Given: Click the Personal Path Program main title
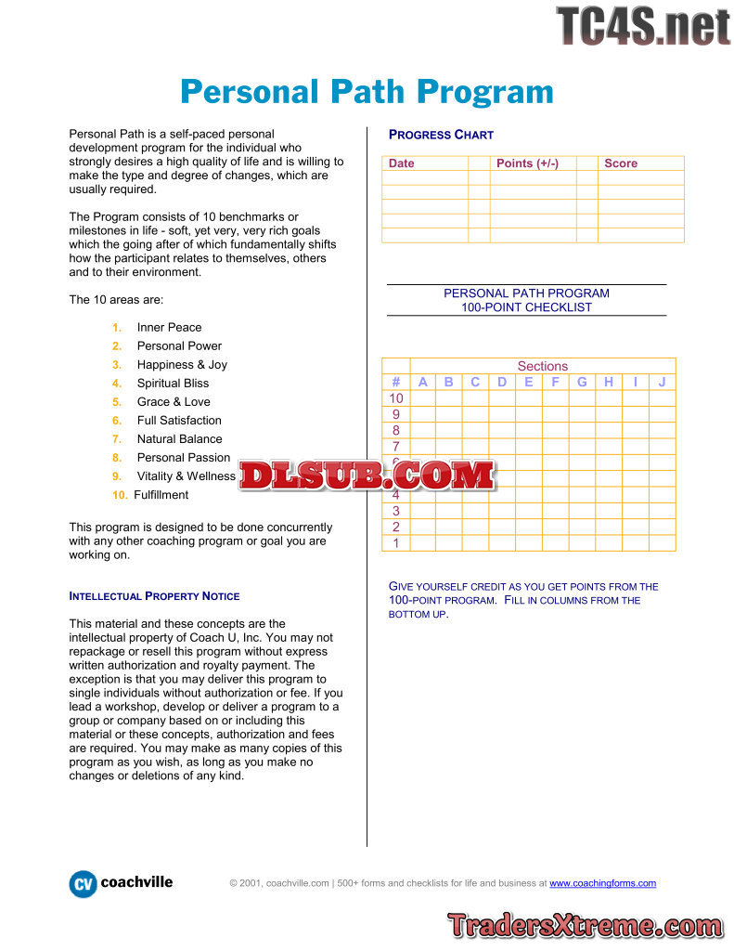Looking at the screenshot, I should pos(367,92).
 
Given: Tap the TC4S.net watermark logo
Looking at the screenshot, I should pos(642,27).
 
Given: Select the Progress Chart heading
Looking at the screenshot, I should pos(441,135).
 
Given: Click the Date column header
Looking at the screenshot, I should pos(402,163).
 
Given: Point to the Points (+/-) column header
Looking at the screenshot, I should pos(527,163).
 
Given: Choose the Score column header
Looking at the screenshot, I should pos(621,163).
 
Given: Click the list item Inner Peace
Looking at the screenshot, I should pos(169,328).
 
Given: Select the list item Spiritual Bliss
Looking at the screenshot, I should pos(173,384).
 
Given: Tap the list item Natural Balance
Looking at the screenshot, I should pos(179,439).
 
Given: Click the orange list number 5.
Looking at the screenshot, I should pos(117,402).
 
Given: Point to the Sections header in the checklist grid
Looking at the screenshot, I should pos(542,366).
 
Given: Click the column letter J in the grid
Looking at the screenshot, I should pos(662,382).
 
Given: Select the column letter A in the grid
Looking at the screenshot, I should pos(422,382).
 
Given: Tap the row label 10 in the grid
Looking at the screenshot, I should pos(396,398).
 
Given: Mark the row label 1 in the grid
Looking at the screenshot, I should pos(396,543).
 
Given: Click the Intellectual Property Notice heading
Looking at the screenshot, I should pos(154,596).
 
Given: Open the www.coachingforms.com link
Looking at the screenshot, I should pos(602,883).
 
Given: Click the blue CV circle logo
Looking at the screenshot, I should pos(83,884).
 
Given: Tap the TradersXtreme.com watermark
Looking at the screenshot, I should pos(585,925).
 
